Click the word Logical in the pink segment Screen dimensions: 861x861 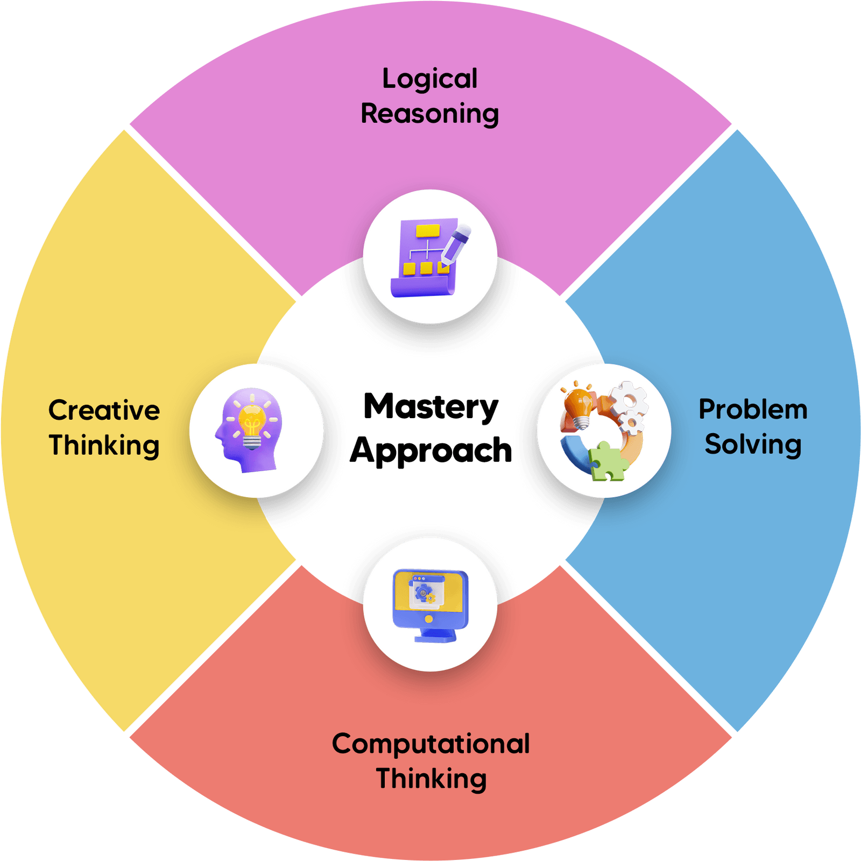(429, 80)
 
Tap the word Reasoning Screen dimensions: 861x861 (429, 114)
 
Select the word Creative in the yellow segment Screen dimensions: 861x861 (104, 411)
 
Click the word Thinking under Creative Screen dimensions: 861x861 (104, 446)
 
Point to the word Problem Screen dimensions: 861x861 (753, 410)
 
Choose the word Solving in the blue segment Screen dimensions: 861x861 (753, 444)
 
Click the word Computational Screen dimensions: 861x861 (430, 744)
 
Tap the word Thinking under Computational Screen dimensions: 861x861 (431, 779)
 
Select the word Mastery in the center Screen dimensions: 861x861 (430, 407)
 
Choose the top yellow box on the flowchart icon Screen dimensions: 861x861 (428, 231)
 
